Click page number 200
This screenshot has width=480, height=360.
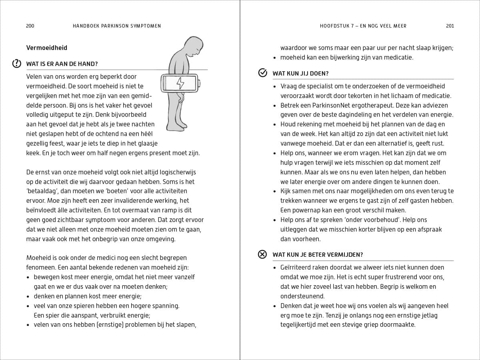click(x=30, y=26)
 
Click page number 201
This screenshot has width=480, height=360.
click(x=450, y=26)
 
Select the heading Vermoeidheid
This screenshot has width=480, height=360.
click(x=47, y=48)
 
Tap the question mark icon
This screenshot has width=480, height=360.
click(x=17, y=63)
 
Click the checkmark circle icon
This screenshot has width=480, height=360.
click(x=262, y=73)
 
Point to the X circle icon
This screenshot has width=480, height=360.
click(x=262, y=254)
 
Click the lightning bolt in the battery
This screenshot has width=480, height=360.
click(x=180, y=83)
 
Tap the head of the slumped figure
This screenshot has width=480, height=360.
click(x=195, y=46)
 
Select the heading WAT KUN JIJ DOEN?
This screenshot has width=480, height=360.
click(x=300, y=74)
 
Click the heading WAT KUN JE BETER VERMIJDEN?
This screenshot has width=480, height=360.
click(x=318, y=255)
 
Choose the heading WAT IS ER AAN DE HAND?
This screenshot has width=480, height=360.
click(x=62, y=64)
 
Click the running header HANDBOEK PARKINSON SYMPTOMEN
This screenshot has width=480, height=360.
click(x=117, y=26)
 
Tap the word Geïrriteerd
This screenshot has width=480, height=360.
click(x=298, y=267)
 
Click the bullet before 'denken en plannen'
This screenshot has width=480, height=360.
click(x=28, y=296)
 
